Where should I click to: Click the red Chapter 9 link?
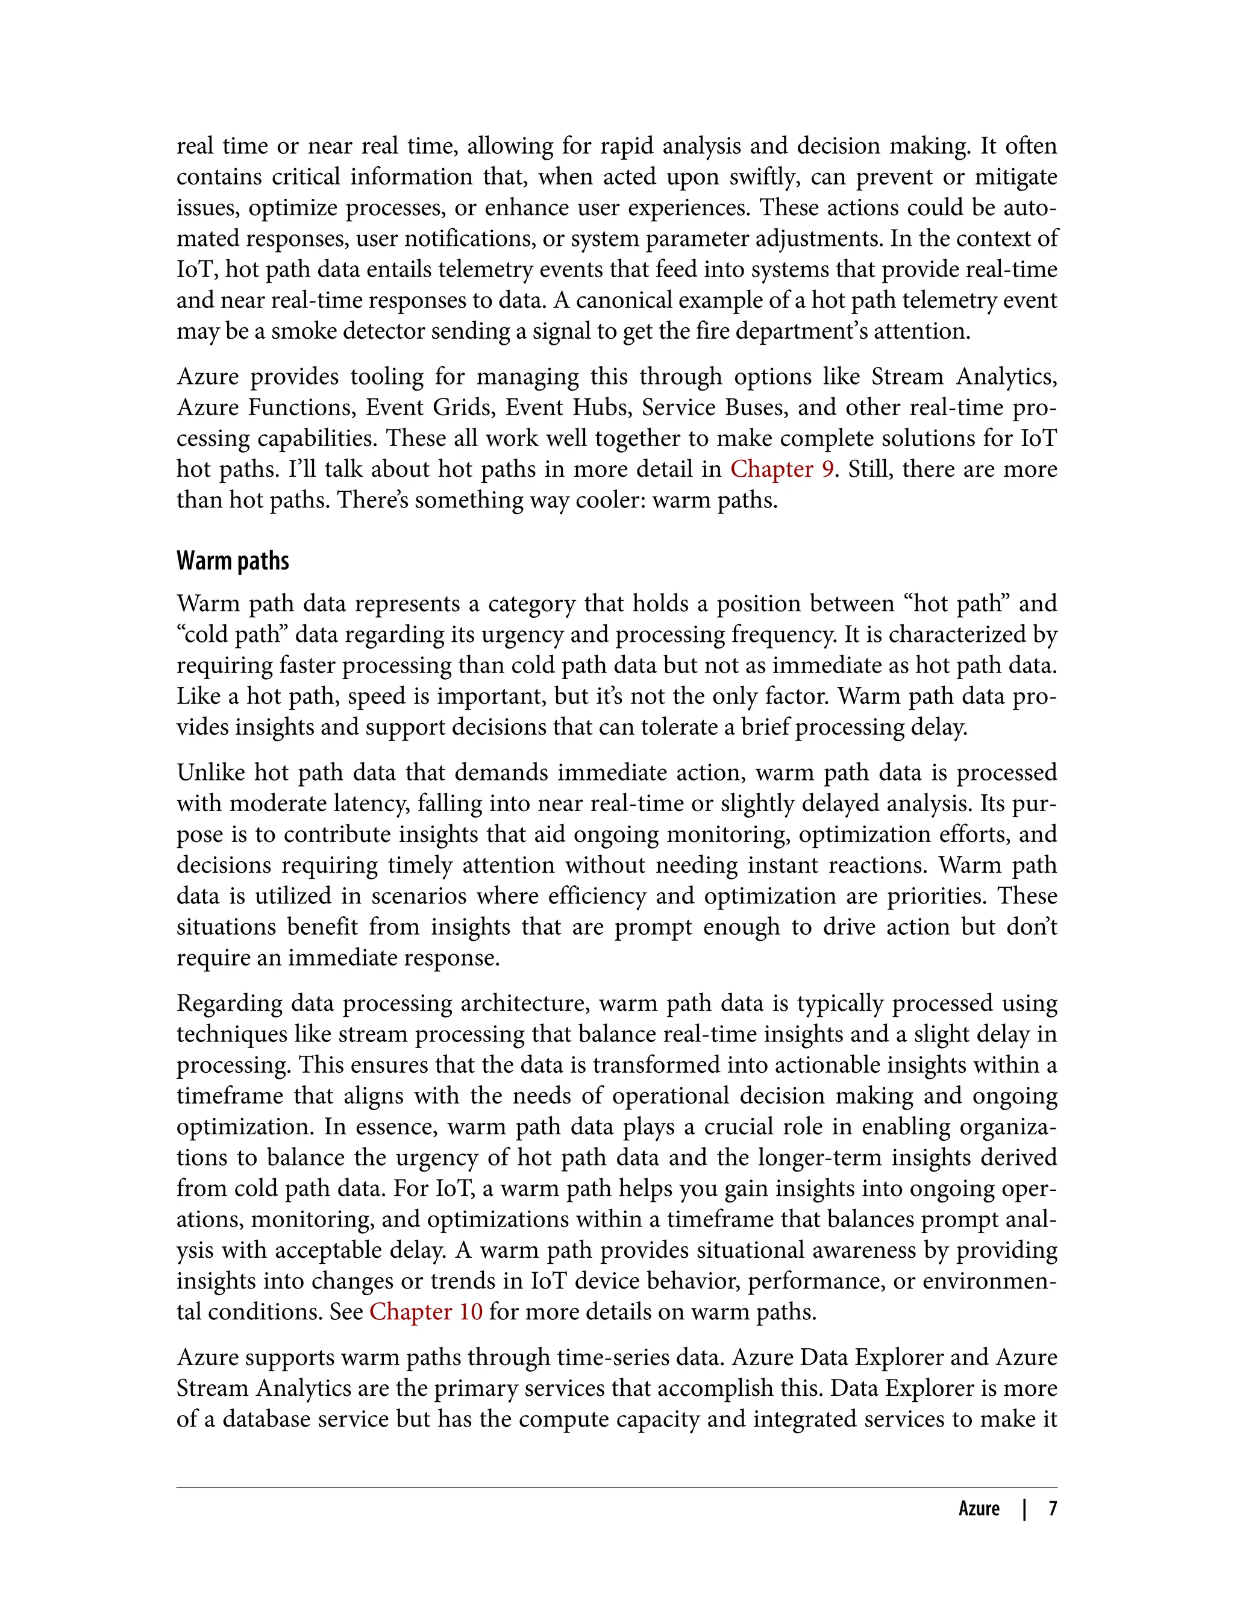781,469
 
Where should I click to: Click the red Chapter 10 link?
425,1311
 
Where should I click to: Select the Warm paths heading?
233,560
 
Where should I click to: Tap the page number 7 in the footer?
1053,1509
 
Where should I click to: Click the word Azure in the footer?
979,1509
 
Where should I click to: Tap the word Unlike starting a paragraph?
210,772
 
